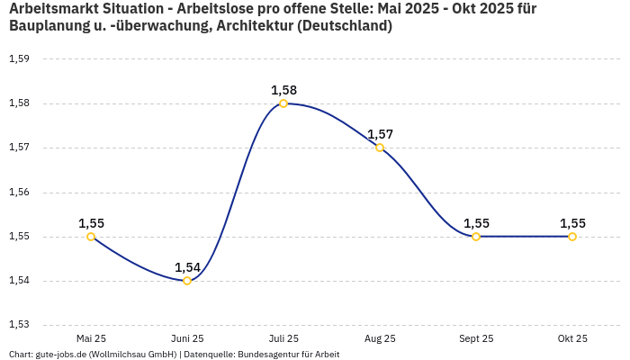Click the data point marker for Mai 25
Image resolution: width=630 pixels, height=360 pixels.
point(91,237)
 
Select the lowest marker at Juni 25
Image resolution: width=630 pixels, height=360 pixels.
point(187,281)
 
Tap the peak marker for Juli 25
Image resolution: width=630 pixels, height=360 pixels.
point(283,103)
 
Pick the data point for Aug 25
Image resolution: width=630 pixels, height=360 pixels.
point(380,148)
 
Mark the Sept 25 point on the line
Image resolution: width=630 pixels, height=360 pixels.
point(476,237)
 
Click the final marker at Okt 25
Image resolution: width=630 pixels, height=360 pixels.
point(572,237)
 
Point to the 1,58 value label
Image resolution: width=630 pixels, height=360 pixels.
point(283,90)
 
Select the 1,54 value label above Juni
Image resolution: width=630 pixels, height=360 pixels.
point(187,267)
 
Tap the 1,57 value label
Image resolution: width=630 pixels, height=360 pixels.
point(380,134)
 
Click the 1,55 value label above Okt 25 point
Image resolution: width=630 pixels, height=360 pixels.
point(572,223)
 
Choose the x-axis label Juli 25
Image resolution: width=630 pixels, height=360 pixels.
point(283,338)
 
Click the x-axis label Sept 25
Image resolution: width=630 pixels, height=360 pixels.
point(476,338)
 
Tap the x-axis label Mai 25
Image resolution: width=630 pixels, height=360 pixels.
point(91,338)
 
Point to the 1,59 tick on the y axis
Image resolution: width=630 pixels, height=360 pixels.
point(19,59)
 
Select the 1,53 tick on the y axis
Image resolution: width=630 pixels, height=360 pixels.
point(19,325)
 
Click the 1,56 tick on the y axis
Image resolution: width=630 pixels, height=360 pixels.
point(19,192)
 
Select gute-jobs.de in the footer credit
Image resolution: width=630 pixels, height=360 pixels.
point(61,354)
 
